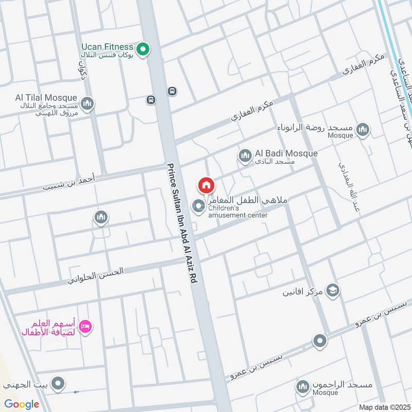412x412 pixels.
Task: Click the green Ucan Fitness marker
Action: tap(145, 50)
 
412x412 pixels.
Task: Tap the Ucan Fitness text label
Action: tap(107, 47)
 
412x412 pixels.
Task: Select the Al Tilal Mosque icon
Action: tap(87, 104)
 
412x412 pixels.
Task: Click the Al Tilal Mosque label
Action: tap(46, 98)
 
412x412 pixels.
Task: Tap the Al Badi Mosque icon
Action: tap(244, 154)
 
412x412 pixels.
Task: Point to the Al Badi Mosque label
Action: tap(286, 153)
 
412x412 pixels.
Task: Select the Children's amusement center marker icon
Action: tap(198, 207)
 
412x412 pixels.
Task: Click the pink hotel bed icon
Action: tap(85, 327)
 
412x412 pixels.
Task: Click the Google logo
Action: tap(22, 404)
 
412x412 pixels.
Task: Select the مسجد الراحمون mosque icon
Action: tap(302, 386)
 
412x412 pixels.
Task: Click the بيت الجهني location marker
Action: tap(58, 383)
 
